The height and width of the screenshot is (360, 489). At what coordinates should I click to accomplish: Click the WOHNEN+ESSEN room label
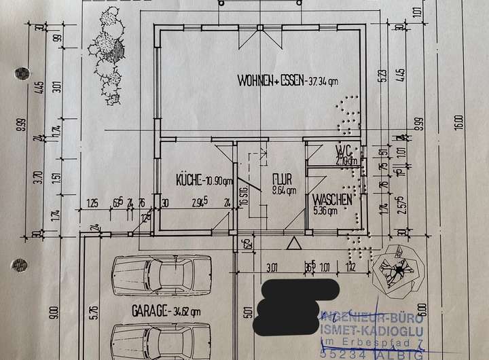(x=287, y=81)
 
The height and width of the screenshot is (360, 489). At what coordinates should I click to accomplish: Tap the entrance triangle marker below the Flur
(x=293, y=243)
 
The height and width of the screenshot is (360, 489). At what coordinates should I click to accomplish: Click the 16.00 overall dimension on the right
(x=459, y=122)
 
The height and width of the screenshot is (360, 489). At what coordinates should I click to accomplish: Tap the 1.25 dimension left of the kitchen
(x=92, y=202)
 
